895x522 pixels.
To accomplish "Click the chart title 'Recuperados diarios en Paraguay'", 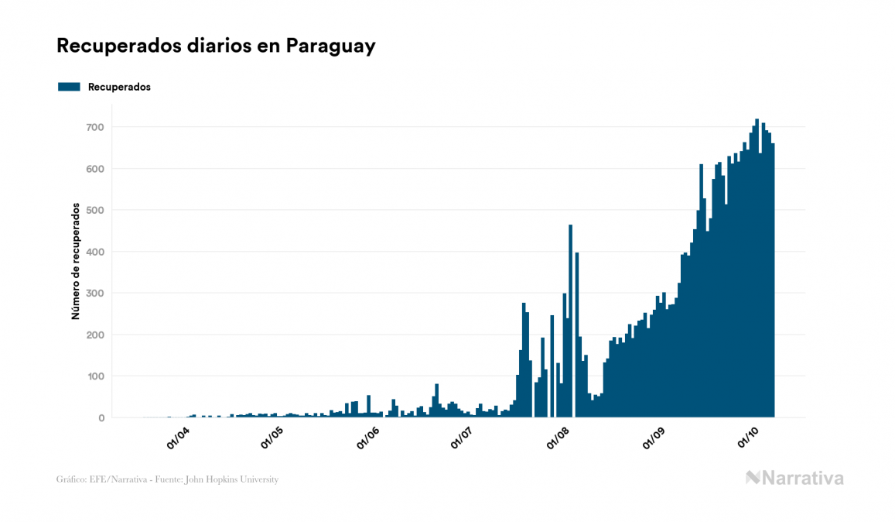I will (x=216, y=46).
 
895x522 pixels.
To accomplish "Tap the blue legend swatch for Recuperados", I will (x=69, y=87).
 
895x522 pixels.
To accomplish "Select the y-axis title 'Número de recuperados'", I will (x=76, y=261).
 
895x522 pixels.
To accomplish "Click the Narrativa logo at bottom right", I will (x=794, y=478).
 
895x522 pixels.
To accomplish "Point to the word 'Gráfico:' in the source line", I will (x=70, y=479).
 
